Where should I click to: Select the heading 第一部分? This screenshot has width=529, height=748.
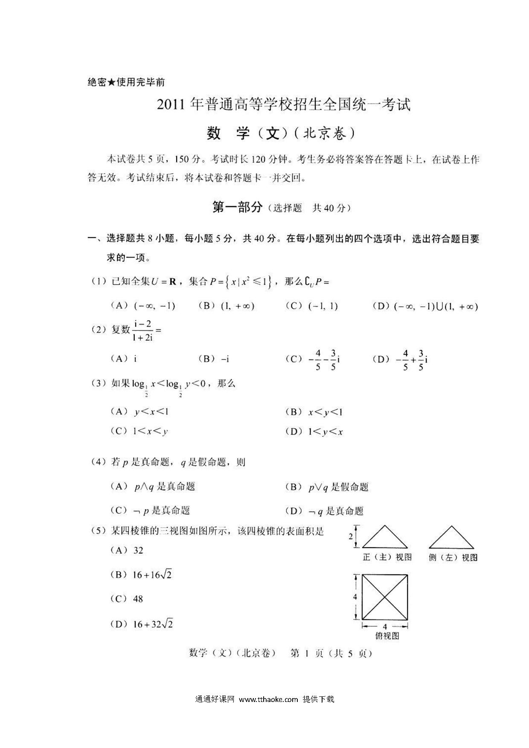tap(237, 207)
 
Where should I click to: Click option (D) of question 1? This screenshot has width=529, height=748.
tap(425, 306)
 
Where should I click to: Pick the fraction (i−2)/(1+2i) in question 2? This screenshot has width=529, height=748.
tap(143, 331)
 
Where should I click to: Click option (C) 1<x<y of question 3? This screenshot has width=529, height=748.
tap(139, 431)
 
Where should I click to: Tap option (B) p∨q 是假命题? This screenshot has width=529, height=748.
tap(327, 487)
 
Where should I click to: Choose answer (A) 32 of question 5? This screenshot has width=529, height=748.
tap(127, 551)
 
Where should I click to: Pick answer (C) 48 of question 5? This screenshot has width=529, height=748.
tap(127, 599)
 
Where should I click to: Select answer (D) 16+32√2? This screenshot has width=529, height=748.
tap(142, 624)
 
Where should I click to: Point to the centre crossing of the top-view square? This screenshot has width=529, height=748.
tap(385, 597)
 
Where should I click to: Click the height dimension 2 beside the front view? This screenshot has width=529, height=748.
tap(351, 536)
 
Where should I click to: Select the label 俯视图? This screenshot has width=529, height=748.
tap(387, 636)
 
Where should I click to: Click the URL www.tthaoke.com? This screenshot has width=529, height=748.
tap(268, 699)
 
